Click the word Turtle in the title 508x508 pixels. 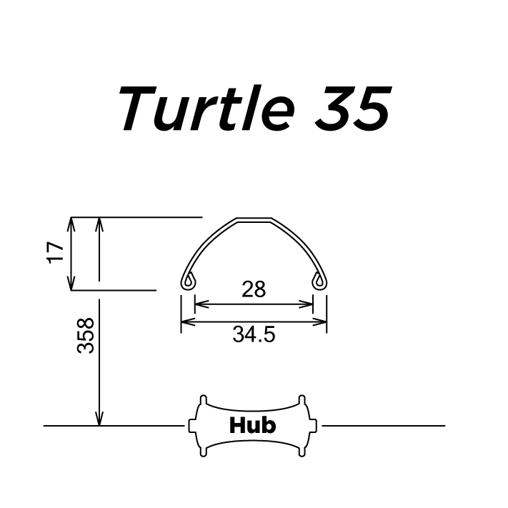pyautogui.click(x=206, y=109)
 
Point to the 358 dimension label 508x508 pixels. pyautogui.click(x=86, y=335)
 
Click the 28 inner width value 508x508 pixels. pyautogui.click(x=254, y=289)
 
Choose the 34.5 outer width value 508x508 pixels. pyautogui.click(x=254, y=334)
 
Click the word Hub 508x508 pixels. pyautogui.click(x=252, y=426)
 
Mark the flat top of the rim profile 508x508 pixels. pyautogui.click(x=254, y=218)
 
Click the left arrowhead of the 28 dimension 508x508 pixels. pyautogui.click(x=199, y=304)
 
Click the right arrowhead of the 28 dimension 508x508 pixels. pyautogui.click(x=309, y=304)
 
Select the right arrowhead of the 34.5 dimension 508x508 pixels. pyautogui.click(x=322, y=322)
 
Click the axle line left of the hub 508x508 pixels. pyautogui.click(x=114, y=426)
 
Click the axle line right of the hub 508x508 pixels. pyautogui.click(x=386, y=426)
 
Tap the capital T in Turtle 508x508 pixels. pyautogui.click(x=135, y=109)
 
